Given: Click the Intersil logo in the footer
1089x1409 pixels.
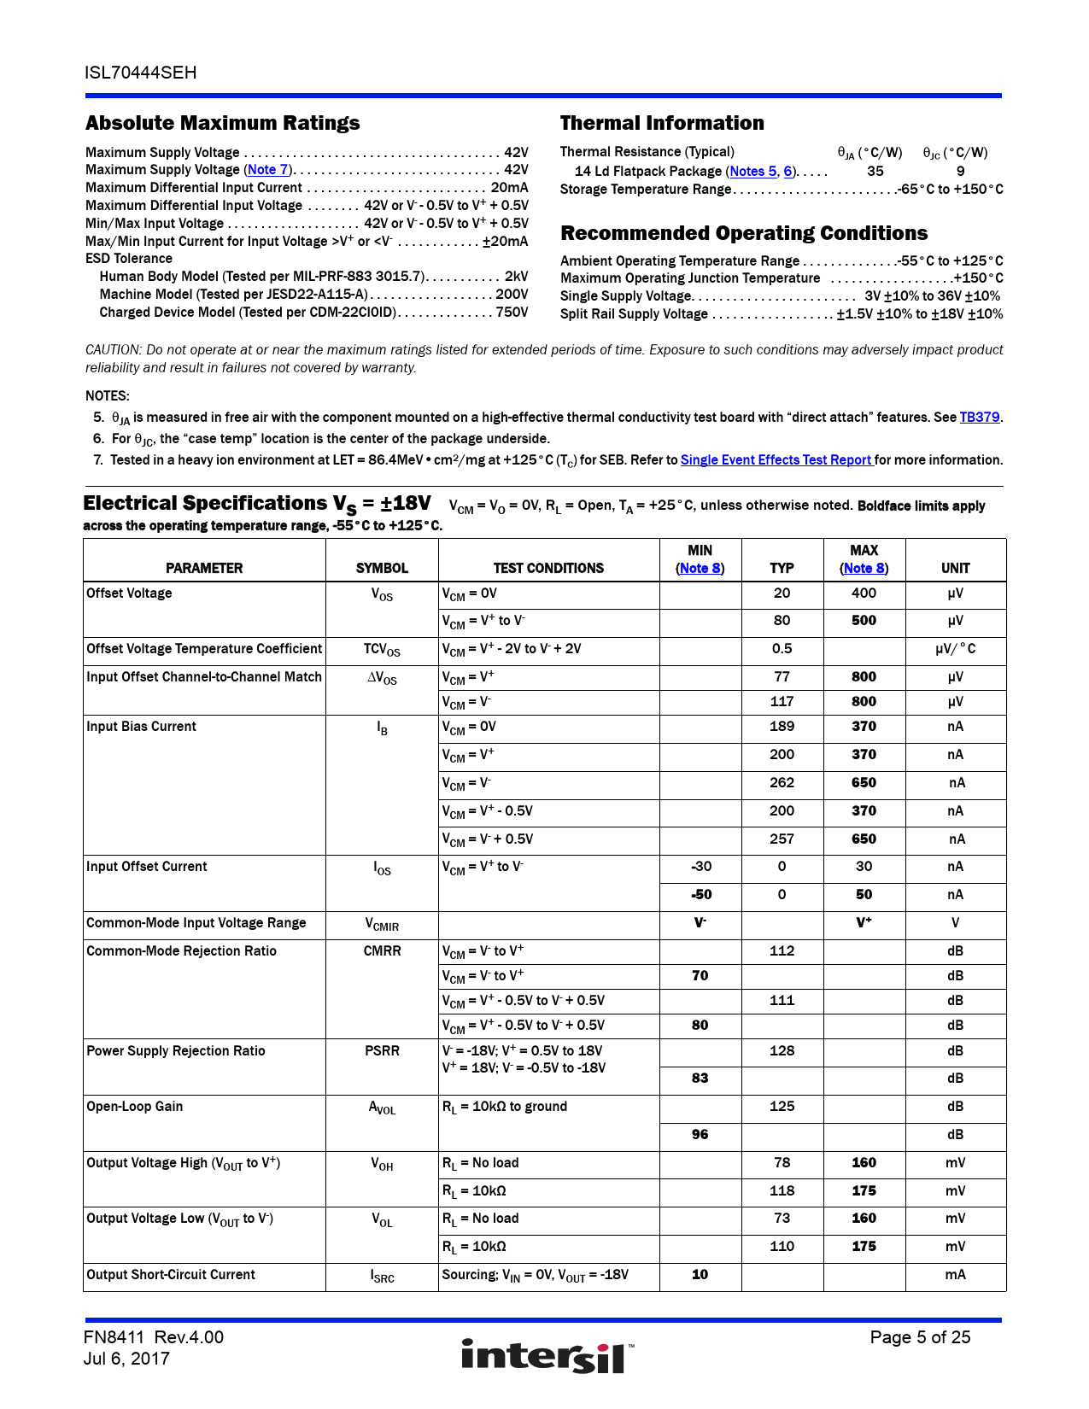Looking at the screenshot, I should tap(547, 1356).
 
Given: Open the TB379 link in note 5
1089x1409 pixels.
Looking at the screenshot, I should tap(979, 418).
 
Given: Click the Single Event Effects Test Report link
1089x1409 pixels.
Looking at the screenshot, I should tap(776, 460).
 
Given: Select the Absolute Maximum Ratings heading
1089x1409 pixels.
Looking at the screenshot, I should tap(223, 123).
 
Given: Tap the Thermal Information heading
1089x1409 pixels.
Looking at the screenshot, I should tap(662, 123).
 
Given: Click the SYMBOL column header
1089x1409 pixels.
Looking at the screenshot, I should tap(382, 569).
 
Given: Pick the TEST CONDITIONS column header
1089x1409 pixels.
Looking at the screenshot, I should tap(548, 569).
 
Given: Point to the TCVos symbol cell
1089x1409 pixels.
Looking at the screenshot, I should tap(382, 650).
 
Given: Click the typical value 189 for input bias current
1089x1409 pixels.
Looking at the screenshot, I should tap(782, 727).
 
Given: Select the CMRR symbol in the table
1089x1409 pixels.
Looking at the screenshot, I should tap(382, 951).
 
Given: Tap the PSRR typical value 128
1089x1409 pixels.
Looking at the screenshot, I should tap(782, 1051).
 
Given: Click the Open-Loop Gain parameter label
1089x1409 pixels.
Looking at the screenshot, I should tap(135, 1107).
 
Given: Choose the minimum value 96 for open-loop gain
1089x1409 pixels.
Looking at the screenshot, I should tap(700, 1135).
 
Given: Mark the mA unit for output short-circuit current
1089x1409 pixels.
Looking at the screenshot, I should tap(955, 1275).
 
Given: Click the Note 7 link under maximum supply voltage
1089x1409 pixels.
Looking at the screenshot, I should tap(268, 170).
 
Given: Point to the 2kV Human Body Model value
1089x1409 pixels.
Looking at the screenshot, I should tap(516, 277).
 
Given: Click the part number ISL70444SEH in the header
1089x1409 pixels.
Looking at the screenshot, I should tap(141, 73).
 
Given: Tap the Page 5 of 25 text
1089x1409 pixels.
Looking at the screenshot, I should tap(920, 1337).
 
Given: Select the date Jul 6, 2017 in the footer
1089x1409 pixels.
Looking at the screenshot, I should tap(126, 1359).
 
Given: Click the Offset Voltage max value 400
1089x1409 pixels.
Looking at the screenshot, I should tap(864, 593).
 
